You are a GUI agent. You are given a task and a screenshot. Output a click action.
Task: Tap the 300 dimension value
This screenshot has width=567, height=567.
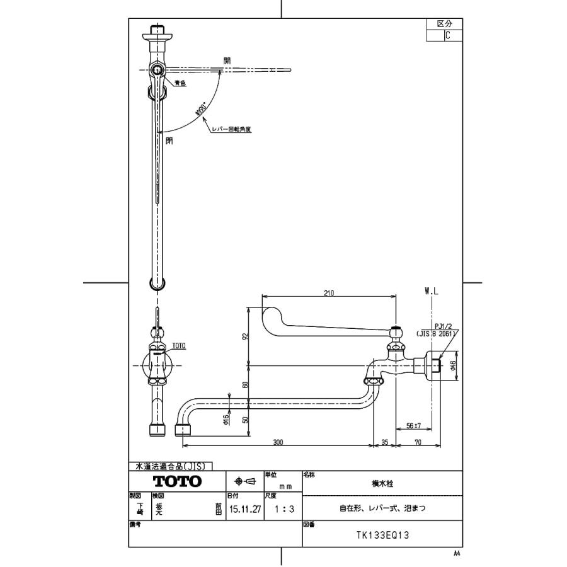(x=278, y=442)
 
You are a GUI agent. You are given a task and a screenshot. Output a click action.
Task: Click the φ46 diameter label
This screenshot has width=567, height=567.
(x=453, y=364)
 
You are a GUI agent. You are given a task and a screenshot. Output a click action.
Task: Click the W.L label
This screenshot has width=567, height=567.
(x=432, y=292)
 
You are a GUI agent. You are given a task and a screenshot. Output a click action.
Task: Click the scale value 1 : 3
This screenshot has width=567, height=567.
(x=282, y=510)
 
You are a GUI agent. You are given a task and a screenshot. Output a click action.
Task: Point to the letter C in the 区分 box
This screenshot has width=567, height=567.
(x=447, y=36)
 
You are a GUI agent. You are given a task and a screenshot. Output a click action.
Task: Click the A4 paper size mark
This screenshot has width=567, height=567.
(x=457, y=553)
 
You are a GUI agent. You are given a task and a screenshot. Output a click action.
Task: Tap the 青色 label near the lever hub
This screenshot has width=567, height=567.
(x=180, y=83)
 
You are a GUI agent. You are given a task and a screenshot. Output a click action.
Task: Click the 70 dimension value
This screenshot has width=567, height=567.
(x=416, y=442)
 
